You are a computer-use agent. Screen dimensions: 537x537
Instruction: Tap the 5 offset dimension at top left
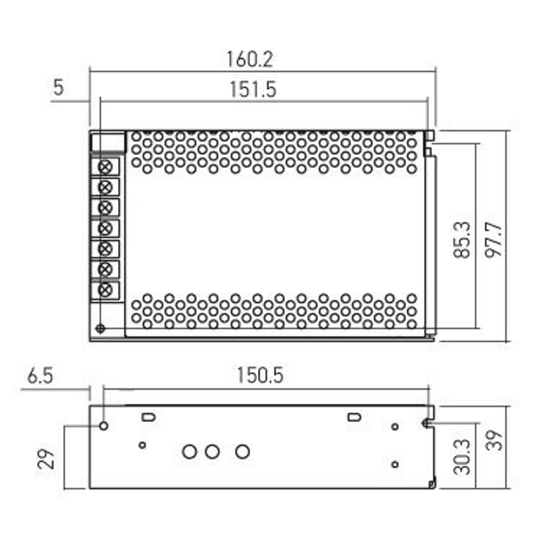(58, 88)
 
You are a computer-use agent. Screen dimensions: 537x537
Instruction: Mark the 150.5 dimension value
(260, 376)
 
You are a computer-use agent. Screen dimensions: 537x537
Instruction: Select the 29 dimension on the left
(48, 460)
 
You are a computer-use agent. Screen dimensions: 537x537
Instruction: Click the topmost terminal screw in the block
(106, 166)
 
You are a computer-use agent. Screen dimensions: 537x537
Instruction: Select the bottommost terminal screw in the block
(106, 290)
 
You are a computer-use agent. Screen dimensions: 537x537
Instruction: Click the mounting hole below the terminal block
(99, 328)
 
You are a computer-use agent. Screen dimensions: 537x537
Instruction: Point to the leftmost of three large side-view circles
(189, 452)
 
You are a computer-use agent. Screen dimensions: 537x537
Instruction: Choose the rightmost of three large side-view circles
(243, 452)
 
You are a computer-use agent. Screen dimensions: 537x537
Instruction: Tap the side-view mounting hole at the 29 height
(104, 426)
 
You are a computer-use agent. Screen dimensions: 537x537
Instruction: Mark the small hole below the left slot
(142, 445)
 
